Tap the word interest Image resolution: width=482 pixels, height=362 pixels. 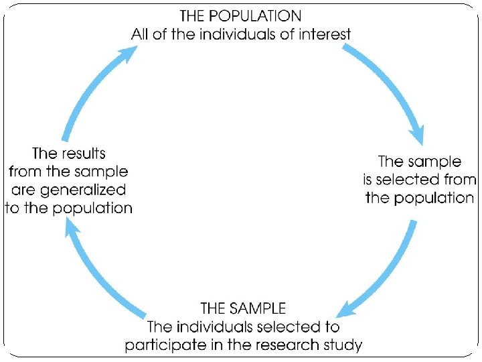pyautogui.click(x=323, y=34)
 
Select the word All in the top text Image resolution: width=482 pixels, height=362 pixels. pyautogui.click(x=140, y=34)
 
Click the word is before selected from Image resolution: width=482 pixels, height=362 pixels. pyautogui.click(x=368, y=180)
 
